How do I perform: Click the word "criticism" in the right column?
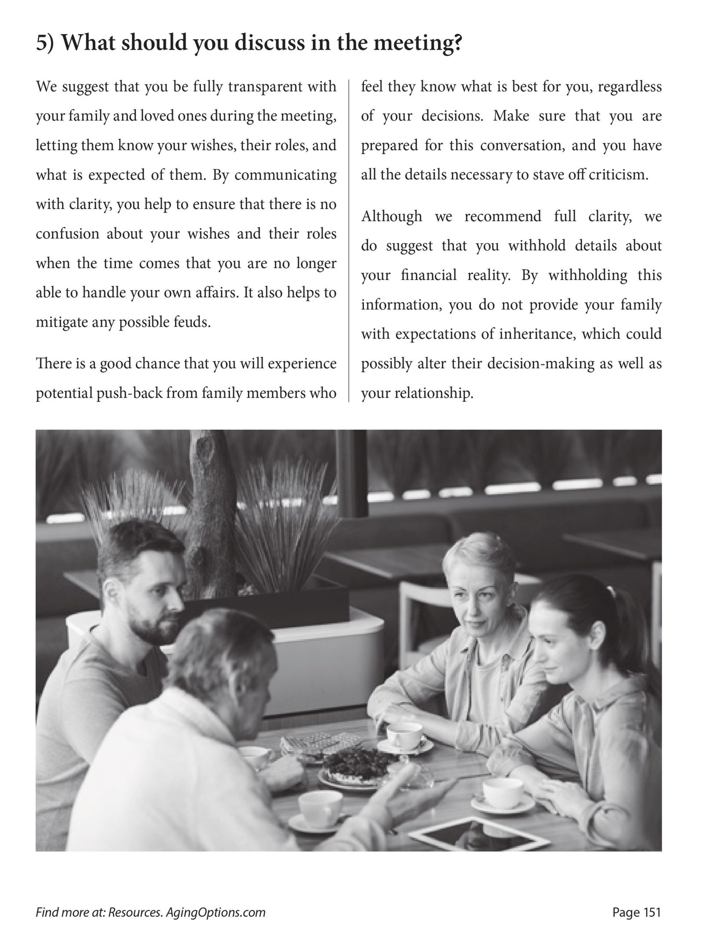pos(618,175)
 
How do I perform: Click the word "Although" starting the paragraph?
pos(391,217)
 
